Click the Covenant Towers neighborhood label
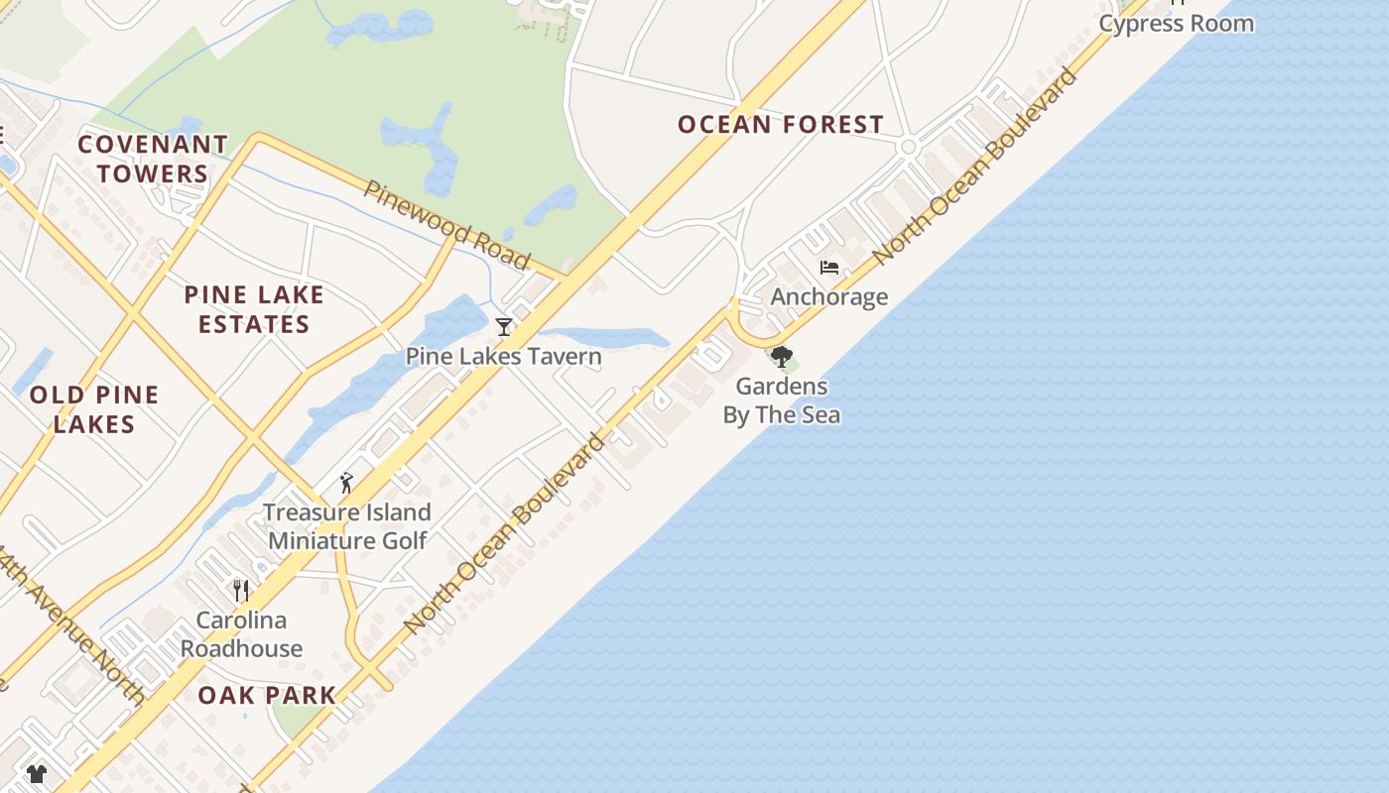click(x=153, y=159)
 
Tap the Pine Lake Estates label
click(x=254, y=309)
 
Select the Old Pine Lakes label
click(x=94, y=409)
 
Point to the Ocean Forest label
click(x=781, y=125)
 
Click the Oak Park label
click(x=267, y=696)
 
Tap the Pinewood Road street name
click(x=445, y=225)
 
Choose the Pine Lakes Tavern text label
click(x=503, y=357)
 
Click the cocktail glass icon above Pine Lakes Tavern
click(x=504, y=326)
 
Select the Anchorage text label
click(x=828, y=297)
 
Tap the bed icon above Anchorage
click(x=829, y=268)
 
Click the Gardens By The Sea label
click(x=782, y=400)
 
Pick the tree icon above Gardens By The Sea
click(x=782, y=356)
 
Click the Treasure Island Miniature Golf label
click(x=347, y=526)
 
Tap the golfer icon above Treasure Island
click(x=346, y=483)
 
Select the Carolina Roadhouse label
click(x=241, y=634)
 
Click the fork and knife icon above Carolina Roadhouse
click(x=241, y=591)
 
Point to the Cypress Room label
click(x=1176, y=24)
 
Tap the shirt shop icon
click(x=37, y=773)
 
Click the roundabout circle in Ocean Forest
click(x=907, y=147)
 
